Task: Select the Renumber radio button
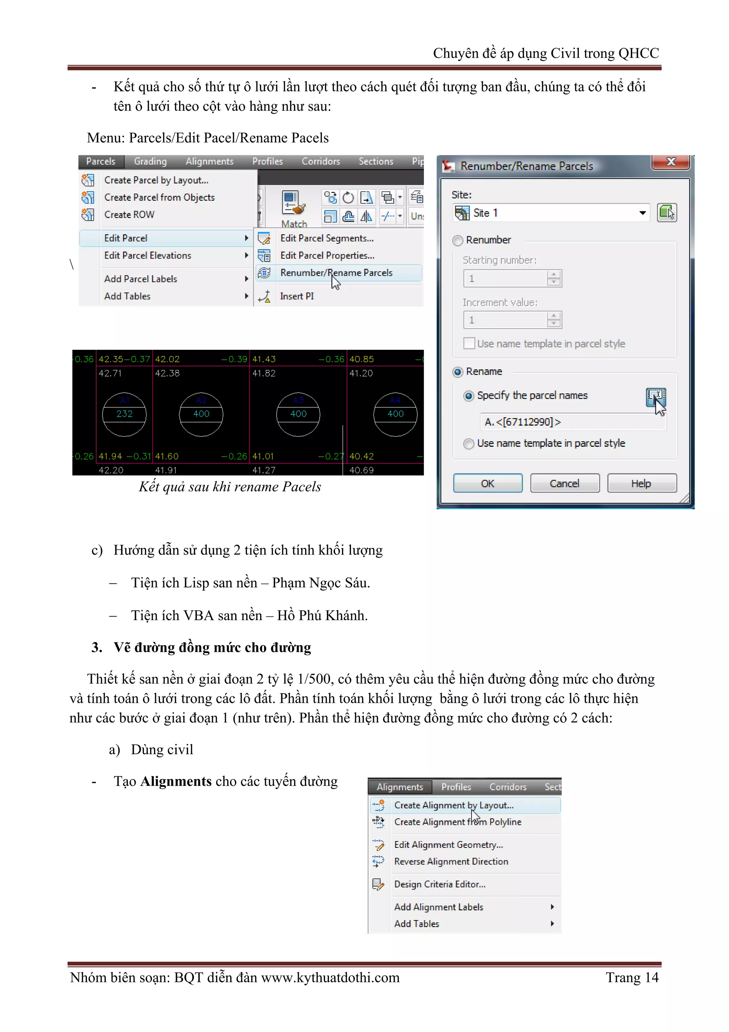[x=458, y=240]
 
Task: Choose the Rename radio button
[x=458, y=372]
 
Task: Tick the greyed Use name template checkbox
[x=468, y=343]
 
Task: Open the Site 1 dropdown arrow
[x=643, y=213]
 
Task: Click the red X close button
[x=670, y=162]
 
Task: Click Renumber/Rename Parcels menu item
[x=336, y=273]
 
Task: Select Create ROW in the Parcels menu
[x=129, y=215]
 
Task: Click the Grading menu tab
[x=150, y=161]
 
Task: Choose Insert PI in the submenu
[x=297, y=296]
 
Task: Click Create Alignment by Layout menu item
[x=453, y=805]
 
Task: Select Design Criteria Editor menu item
[x=439, y=884]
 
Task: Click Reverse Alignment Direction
[x=451, y=861]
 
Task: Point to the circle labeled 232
[x=125, y=414]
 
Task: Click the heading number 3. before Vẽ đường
[x=96, y=647]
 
